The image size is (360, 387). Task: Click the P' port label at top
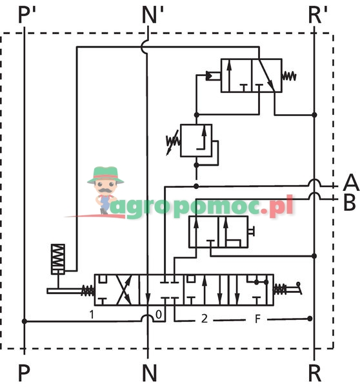point(27,15)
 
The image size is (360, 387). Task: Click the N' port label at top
point(153,15)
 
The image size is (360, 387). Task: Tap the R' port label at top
point(318,15)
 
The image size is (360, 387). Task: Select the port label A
point(351,183)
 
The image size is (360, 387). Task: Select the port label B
point(350,203)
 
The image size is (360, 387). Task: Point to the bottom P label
point(25,373)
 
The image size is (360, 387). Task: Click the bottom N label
point(150,373)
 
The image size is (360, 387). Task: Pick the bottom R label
point(315,373)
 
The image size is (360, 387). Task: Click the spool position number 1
point(92,315)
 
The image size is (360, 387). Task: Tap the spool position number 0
point(159,315)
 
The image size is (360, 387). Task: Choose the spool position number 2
point(205,319)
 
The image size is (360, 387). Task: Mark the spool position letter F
point(257,319)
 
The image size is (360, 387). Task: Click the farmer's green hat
point(106,175)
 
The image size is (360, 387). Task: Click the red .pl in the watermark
point(277,206)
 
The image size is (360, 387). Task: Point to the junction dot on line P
point(25,321)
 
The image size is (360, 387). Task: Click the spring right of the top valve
point(289,76)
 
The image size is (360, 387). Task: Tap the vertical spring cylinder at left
point(58,259)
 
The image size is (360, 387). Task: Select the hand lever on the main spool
point(294,288)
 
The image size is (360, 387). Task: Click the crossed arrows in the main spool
point(125,290)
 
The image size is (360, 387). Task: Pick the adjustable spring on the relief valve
point(173,143)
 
